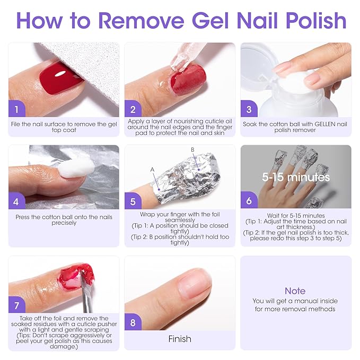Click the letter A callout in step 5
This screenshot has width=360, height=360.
[x=152, y=169]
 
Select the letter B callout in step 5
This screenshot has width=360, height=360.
[x=193, y=150]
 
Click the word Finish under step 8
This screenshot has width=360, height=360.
[x=180, y=339]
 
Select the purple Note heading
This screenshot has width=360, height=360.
[x=295, y=291]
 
